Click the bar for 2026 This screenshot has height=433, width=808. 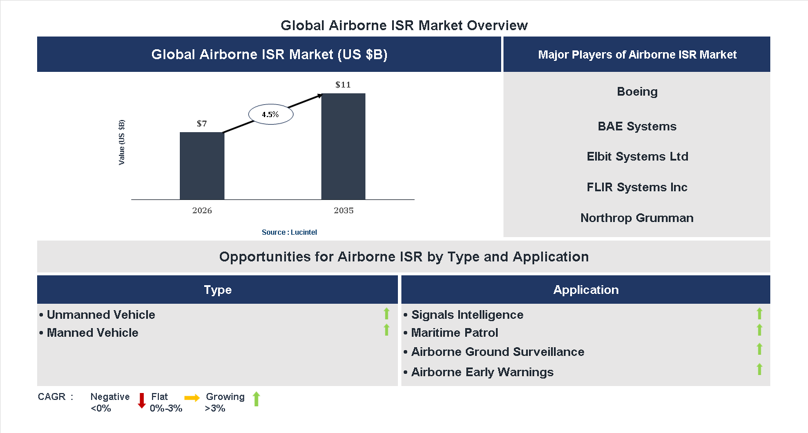[x=202, y=166]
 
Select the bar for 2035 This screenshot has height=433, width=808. [x=343, y=147]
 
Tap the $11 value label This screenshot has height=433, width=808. [x=343, y=85]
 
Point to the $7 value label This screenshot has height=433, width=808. [x=202, y=123]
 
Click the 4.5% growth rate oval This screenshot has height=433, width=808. [x=271, y=115]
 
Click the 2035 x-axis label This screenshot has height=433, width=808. [x=343, y=210]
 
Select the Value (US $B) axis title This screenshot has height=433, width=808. [x=122, y=143]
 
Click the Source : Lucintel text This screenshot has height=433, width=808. [x=289, y=232]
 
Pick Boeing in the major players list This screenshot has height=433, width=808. [x=637, y=92]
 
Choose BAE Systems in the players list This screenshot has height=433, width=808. [x=637, y=126]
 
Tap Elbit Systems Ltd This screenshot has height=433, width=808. [x=637, y=157]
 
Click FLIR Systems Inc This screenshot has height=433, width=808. [x=637, y=187]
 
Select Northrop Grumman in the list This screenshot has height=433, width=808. [x=637, y=218]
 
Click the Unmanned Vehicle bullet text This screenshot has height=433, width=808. [x=100, y=315]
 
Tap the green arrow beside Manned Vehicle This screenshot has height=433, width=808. [x=386, y=330]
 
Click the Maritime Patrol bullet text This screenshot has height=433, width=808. [x=454, y=333]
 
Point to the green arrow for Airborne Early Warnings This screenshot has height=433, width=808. [x=759, y=369]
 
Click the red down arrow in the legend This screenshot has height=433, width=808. [x=142, y=401]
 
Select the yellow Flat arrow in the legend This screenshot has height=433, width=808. [x=192, y=398]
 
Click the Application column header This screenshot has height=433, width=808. [x=585, y=290]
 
